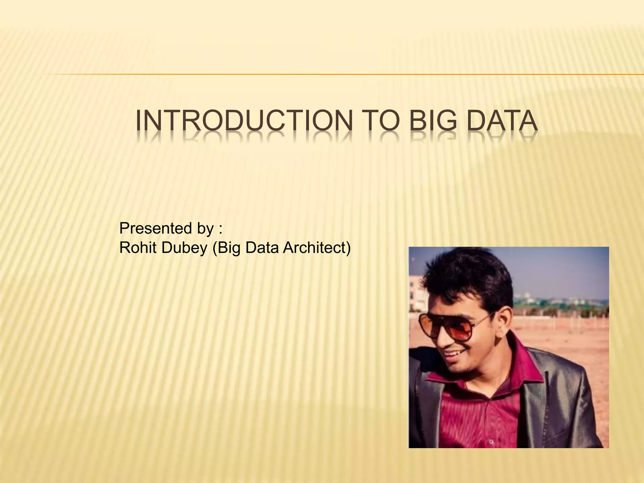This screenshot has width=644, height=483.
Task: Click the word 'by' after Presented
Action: [205, 229]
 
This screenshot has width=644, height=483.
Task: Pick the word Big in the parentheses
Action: [227, 248]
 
